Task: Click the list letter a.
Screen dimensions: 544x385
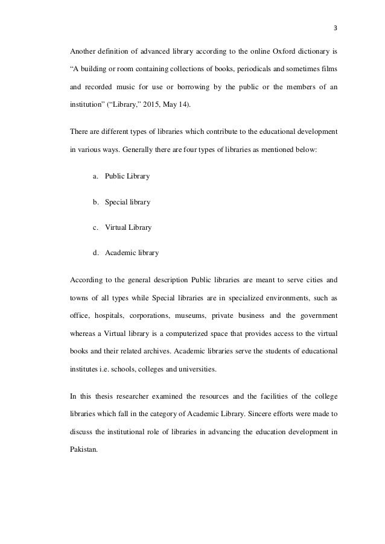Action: [95, 176]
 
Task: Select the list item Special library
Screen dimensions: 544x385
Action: [127, 201]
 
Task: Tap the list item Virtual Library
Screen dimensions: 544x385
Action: [128, 227]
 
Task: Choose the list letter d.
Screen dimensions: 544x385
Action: [95, 253]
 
